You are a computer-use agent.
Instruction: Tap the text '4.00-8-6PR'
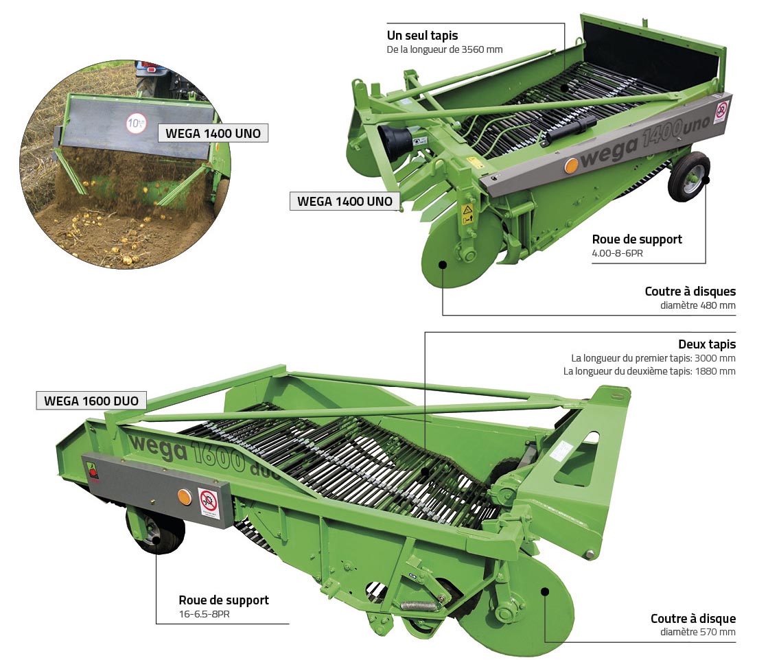tap(618, 252)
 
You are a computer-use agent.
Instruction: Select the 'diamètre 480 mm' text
tap(698, 305)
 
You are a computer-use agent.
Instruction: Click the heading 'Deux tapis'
tap(706, 344)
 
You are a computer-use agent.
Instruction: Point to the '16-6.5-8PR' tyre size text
tap(204, 614)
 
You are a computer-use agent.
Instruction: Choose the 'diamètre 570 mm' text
tap(697, 632)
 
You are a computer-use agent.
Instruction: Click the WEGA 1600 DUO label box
tap(91, 401)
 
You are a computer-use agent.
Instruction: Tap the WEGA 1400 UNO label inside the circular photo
tap(213, 133)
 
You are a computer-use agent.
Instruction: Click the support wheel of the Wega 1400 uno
tap(688, 176)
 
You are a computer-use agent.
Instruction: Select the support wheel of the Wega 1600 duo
tap(156, 531)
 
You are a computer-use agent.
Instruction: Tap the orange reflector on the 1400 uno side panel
tap(571, 165)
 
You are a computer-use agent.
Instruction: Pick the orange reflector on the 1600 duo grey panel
tap(184, 496)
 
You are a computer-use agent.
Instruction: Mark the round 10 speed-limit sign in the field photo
tap(135, 124)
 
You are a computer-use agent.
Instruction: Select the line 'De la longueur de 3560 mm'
tap(444, 49)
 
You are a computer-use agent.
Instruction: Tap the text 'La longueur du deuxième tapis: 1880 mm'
tap(649, 371)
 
